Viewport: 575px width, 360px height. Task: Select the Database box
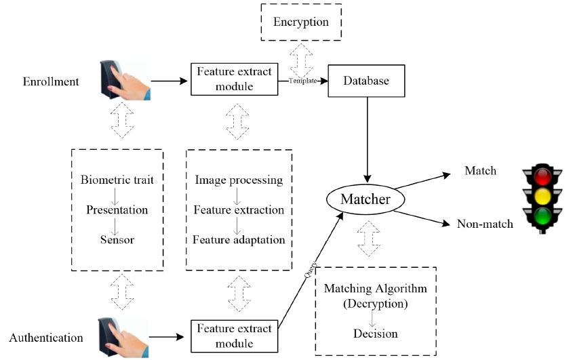pyautogui.click(x=366, y=81)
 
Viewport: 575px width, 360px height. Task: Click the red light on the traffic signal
pyautogui.click(x=542, y=176)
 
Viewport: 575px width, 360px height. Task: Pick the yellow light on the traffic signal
pyautogui.click(x=542, y=196)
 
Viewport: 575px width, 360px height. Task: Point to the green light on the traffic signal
pyautogui.click(x=542, y=216)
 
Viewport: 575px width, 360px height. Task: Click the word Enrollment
pyautogui.click(x=51, y=81)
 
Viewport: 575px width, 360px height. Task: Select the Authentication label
pyautogui.click(x=46, y=338)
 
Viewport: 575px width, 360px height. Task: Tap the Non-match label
pyautogui.click(x=485, y=224)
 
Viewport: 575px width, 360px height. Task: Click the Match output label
pyautogui.click(x=480, y=171)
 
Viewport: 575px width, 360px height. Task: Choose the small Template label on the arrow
pyautogui.click(x=303, y=81)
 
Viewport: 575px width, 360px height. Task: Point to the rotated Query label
pyautogui.click(x=311, y=269)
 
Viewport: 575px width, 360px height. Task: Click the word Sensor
pyautogui.click(x=117, y=240)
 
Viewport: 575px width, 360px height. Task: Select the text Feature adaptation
pyautogui.click(x=239, y=240)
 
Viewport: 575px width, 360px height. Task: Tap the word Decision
pyautogui.click(x=376, y=334)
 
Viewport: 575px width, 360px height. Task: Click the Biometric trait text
pyautogui.click(x=117, y=180)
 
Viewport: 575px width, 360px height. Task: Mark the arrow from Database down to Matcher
pyautogui.click(x=367, y=140)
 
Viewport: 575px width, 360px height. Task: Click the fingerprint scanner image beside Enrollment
pyautogui.click(x=125, y=80)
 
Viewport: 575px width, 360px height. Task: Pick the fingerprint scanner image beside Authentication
pyautogui.click(x=123, y=337)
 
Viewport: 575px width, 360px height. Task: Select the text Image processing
pyautogui.click(x=239, y=180)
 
